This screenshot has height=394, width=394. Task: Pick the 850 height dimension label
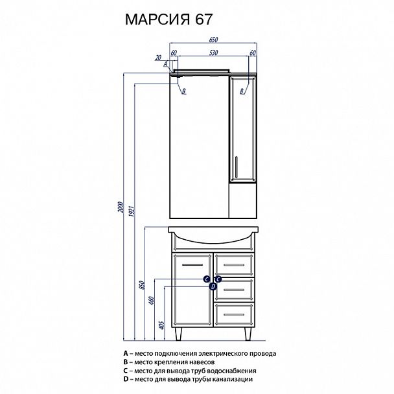[x=143, y=286]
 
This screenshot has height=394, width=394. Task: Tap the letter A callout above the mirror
[x=165, y=64]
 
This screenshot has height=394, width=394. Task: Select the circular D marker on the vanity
[x=212, y=286]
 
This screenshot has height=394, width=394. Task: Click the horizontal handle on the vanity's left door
[x=194, y=265]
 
